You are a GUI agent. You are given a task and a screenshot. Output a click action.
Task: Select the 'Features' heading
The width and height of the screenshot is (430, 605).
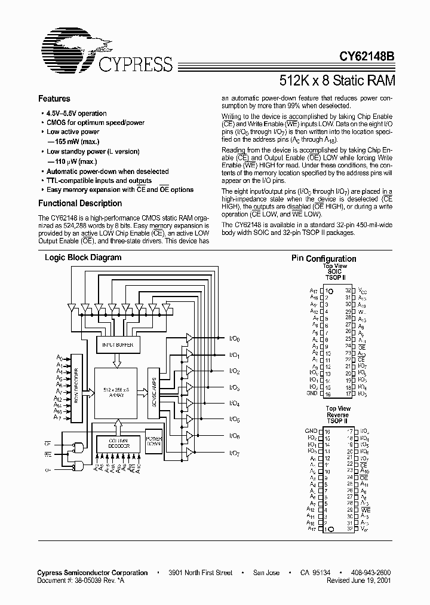pyautogui.click(x=54, y=99)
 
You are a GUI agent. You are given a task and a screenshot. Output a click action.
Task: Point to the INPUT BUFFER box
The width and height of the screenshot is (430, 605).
pyautogui.click(x=118, y=346)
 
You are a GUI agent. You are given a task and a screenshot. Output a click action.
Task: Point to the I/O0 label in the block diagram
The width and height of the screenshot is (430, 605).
pyautogui.click(x=235, y=339)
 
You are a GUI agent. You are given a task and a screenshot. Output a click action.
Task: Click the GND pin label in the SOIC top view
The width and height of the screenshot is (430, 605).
pyautogui.click(x=312, y=394)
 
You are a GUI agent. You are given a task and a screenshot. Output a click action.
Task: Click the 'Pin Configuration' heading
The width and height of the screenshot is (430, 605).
pyautogui.click(x=324, y=258)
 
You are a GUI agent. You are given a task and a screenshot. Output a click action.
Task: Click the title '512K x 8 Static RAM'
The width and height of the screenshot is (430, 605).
pyautogui.click(x=337, y=80)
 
